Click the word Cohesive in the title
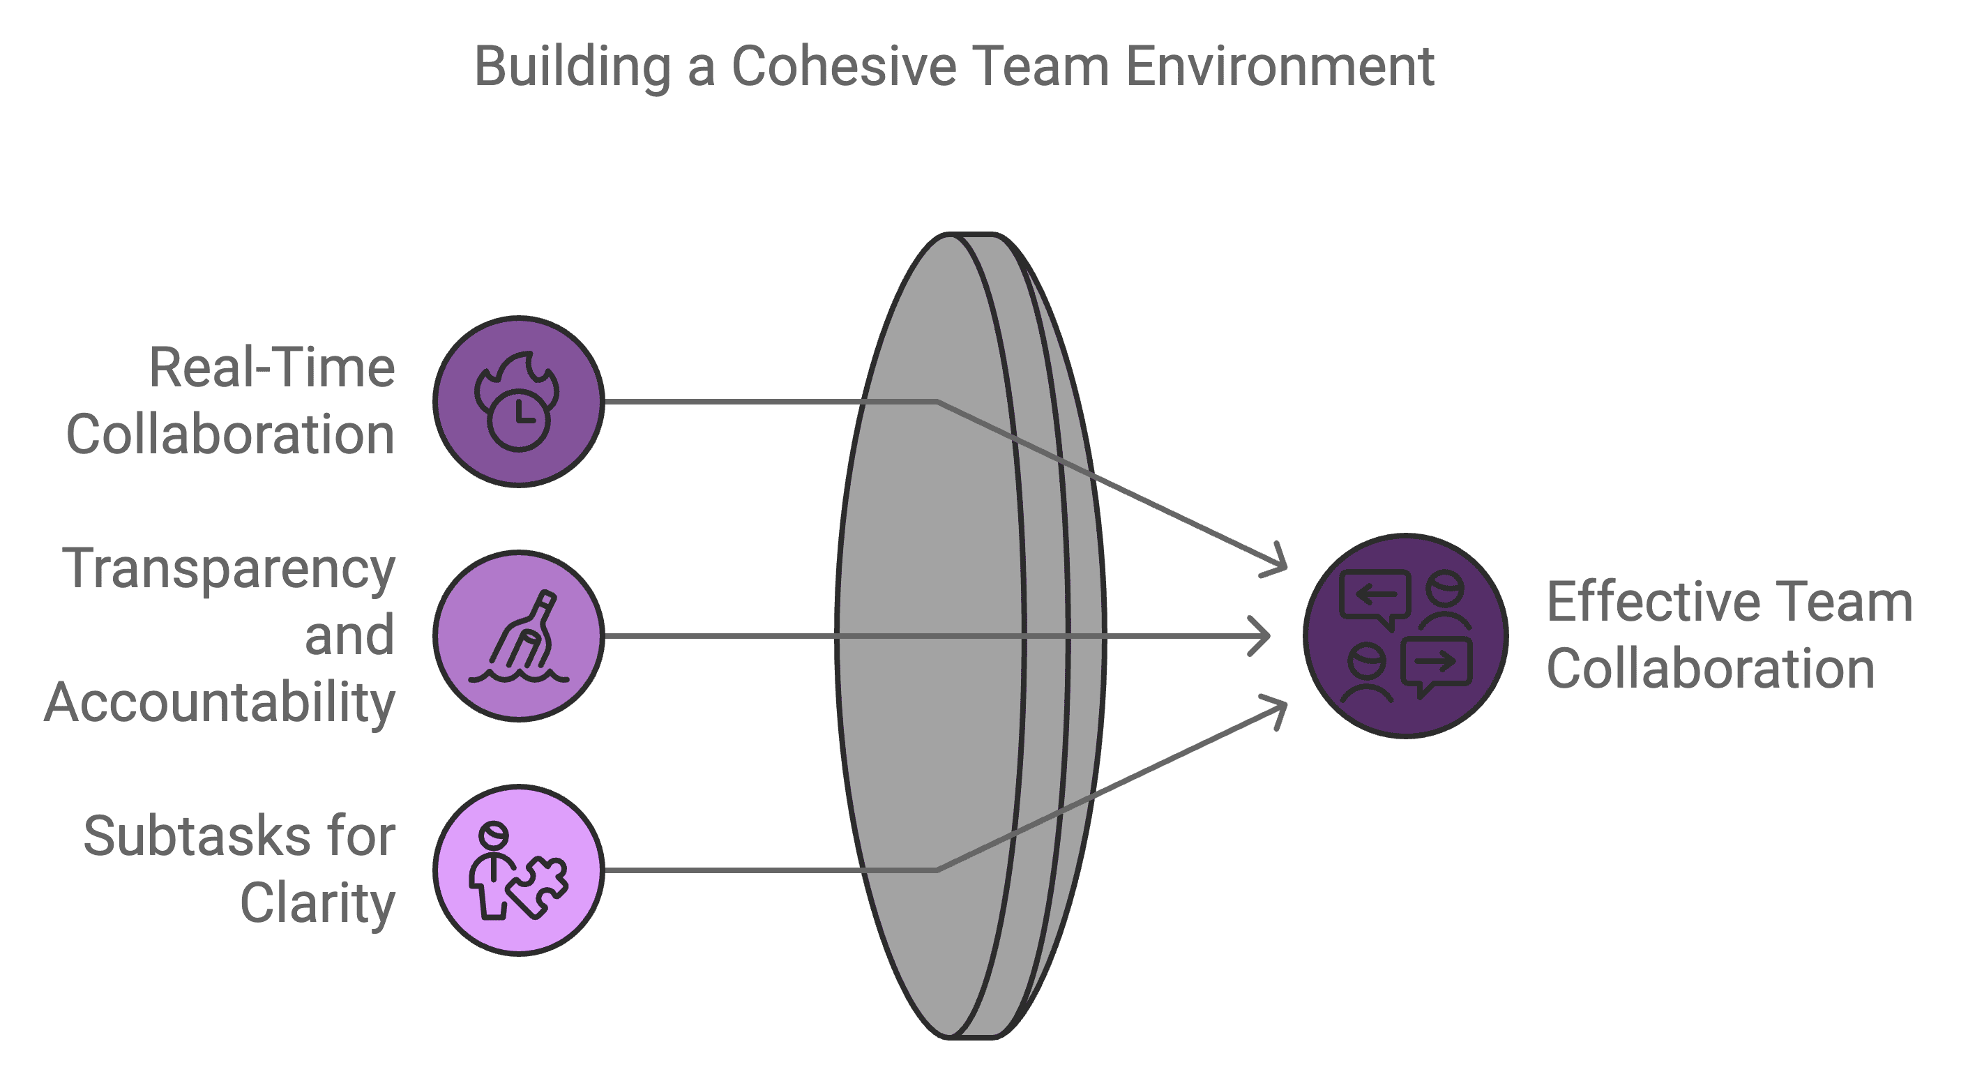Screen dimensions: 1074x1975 [x=843, y=67]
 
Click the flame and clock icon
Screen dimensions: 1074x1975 [x=518, y=401]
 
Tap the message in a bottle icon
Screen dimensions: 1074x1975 [x=518, y=636]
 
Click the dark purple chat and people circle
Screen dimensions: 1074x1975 [x=1405, y=636]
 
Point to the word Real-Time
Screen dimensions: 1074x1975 [x=271, y=369]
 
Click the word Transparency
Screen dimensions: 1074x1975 [x=229, y=570]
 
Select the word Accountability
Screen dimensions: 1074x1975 [x=220, y=702]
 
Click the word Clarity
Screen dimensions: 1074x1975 [x=317, y=903]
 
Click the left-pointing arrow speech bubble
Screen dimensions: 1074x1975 [x=1375, y=596]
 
